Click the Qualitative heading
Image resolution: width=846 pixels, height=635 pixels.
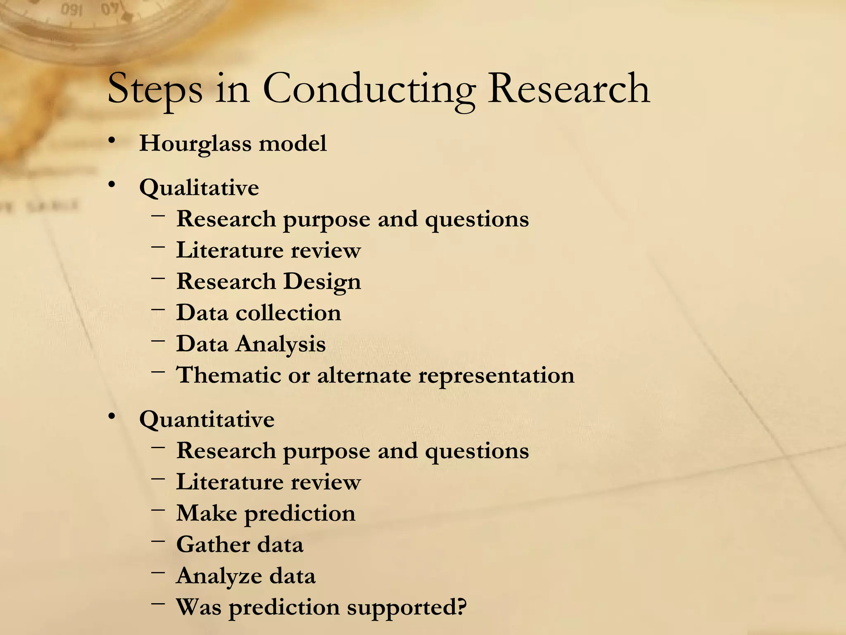pos(199,188)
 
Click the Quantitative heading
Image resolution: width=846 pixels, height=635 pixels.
pos(207,420)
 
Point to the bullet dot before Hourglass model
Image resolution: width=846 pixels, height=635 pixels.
pos(111,141)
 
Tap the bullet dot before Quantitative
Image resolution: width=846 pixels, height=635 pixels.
pos(111,417)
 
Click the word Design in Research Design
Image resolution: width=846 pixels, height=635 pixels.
pos(322,282)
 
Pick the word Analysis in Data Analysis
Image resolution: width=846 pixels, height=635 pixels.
pos(280,344)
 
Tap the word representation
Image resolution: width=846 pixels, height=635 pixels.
pos(496,376)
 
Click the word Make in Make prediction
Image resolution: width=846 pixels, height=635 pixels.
pos(207,513)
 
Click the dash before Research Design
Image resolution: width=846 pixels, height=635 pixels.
pos(158,277)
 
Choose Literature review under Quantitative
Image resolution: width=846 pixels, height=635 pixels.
pos(269,482)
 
